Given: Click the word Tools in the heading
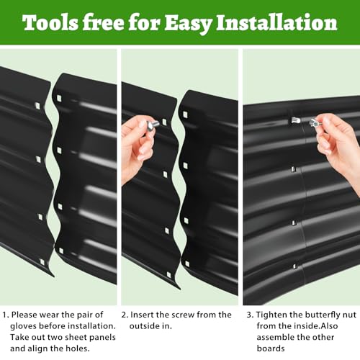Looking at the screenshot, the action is (50, 23).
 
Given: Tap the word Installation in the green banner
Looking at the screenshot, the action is (276, 22).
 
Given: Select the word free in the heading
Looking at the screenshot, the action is (103, 22).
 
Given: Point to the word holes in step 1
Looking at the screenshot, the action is (77, 348).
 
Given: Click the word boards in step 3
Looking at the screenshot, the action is (271, 348).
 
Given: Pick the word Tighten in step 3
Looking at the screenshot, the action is (271, 315).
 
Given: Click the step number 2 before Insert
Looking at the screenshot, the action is (125, 315).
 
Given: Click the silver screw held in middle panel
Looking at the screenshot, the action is (153, 125).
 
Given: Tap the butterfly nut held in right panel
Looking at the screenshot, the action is (314, 123).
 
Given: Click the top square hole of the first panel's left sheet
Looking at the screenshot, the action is (37, 105).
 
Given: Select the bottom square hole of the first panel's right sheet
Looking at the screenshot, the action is (61, 251).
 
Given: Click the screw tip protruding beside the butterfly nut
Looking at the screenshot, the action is (296, 120).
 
